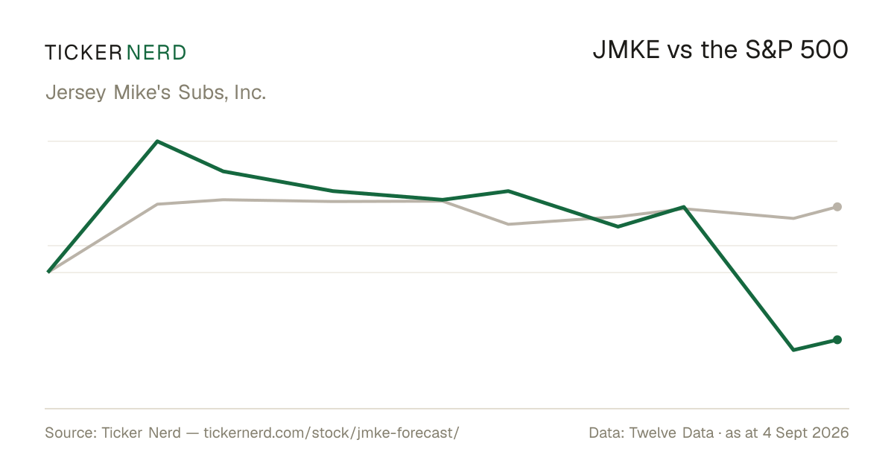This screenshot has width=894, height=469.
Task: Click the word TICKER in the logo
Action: pos(83,53)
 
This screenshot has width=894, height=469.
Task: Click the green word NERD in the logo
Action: pos(156,53)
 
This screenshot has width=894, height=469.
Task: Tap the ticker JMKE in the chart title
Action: pos(627,50)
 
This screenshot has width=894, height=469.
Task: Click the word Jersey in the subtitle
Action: pos(76,93)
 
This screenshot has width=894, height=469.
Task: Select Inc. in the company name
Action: pos(250,92)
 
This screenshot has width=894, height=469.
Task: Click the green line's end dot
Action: pos(837,339)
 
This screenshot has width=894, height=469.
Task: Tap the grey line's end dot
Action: pos(837,207)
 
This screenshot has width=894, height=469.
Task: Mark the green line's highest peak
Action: pos(158,141)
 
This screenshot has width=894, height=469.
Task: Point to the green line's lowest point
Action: pos(793,350)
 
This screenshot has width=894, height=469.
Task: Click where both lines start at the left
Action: pos(48,272)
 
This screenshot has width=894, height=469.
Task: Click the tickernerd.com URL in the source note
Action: pos(332,433)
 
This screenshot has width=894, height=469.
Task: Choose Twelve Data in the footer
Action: pos(671,433)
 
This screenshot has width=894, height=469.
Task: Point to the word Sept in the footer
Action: pos(784,433)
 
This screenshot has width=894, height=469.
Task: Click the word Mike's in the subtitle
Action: pos(142,92)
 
